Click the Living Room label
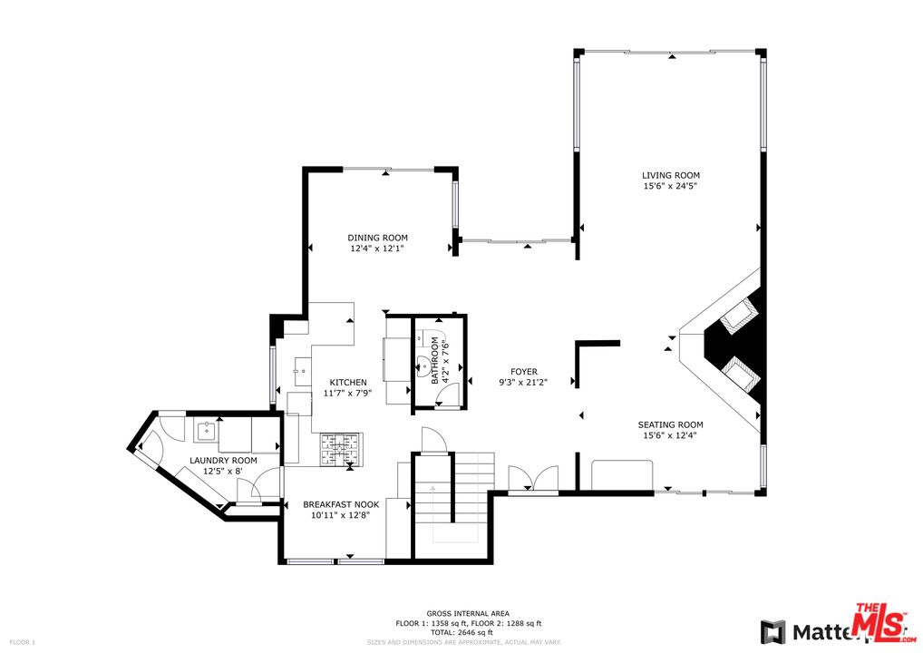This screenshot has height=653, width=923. [x=670, y=175]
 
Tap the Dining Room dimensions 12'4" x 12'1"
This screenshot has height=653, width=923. [x=378, y=248]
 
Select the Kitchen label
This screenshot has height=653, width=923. [x=348, y=382]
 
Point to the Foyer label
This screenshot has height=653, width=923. [x=523, y=372]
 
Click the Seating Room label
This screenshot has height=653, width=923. [x=670, y=424]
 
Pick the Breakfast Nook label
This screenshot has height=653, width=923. [x=340, y=504]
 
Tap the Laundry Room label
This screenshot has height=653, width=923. [x=223, y=461]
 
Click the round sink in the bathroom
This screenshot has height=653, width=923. [x=422, y=367]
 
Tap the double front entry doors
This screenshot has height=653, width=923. [x=533, y=480]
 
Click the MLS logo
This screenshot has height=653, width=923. [x=879, y=624]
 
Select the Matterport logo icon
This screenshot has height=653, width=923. [x=772, y=631]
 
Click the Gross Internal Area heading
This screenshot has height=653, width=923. [x=468, y=614]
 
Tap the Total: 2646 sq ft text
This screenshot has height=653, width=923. [x=468, y=632]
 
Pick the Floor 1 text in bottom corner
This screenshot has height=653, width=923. [x=21, y=643]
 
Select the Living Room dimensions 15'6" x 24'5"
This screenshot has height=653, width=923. [x=670, y=186]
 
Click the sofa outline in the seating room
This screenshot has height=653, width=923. [x=622, y=474]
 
